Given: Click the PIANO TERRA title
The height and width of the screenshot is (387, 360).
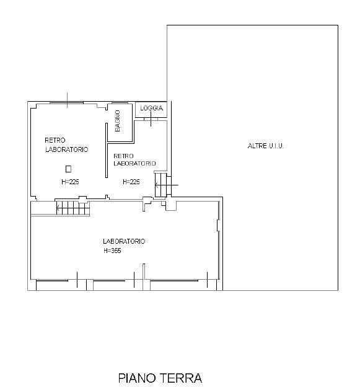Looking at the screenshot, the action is point(160,378).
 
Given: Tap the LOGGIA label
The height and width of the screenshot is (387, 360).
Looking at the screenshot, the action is point(151,108).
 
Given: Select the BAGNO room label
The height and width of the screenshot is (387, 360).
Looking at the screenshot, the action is point(118,121).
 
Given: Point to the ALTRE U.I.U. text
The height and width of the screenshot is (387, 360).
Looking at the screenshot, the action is point(265,146).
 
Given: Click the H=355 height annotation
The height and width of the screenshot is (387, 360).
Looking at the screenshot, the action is point(112,251).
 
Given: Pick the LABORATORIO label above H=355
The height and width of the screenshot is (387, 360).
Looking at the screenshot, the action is point(124,241).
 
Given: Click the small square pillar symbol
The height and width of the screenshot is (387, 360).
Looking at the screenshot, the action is point(69,169).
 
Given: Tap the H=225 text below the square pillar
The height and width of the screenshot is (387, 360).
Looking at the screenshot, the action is point(70,182).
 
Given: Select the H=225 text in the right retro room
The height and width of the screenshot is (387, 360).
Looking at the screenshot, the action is point(131,182).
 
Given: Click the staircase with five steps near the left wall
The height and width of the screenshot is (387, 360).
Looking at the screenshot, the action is point(72,208).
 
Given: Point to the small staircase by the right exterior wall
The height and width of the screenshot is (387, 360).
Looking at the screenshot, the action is point(161,185).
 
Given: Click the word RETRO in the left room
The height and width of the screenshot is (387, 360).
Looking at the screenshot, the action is point(55,140).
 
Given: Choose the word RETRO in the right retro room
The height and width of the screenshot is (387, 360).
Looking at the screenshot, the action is point(123,156).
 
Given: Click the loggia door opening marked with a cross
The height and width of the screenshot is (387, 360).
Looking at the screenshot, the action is point(151,119).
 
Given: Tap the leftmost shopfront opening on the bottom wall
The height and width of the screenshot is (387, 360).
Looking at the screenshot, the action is point(52,280).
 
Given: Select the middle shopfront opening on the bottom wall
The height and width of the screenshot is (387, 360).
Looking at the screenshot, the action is point(109,280).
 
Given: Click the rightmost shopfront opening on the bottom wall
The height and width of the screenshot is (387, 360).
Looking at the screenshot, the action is point(174,280).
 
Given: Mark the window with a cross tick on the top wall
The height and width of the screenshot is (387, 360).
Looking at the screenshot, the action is point(66,103).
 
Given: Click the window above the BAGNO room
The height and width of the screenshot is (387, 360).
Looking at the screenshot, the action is point(120,103).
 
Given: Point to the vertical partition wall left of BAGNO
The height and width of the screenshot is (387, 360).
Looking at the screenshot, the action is point(107,150).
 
